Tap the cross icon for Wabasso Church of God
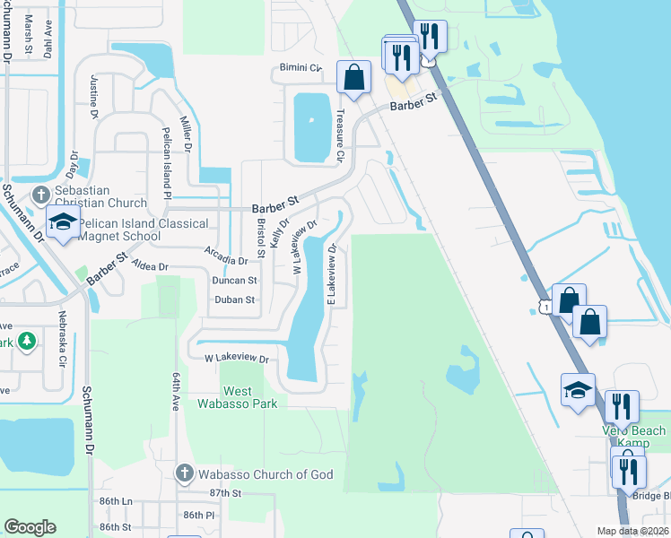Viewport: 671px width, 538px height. (183, 473)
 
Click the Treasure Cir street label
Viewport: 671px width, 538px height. (340, 136)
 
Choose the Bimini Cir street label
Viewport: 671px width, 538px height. (297, 67)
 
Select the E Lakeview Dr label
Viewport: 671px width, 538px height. (331, 273)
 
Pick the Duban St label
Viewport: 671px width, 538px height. (234, 299)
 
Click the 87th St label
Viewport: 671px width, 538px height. (225, 494)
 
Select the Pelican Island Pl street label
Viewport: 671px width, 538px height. (166, 163)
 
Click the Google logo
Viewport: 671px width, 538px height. (30, 526)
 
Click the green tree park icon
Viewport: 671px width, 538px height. (28, 341)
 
